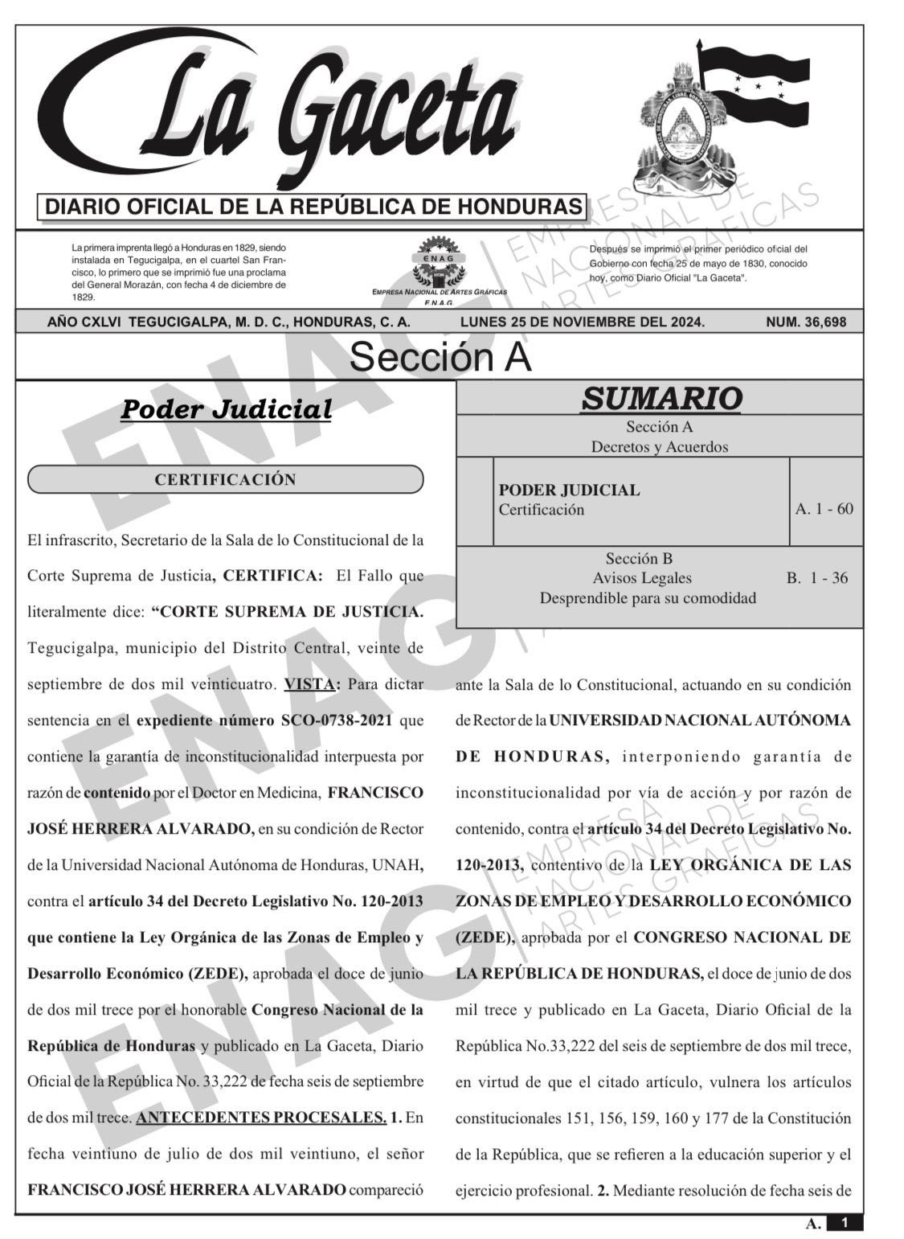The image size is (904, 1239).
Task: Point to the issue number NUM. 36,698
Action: pyautogui.click(x=806, y=322)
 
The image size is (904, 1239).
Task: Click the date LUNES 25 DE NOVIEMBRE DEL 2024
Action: pyautogui.click(x=582, y=322)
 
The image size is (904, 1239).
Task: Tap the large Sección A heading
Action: pyautogui.click(x=440, y=357)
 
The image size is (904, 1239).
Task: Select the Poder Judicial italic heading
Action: pyautogui.click(x=226, y=409)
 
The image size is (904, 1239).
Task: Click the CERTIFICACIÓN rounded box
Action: pyautogui.click(x=225, y=480)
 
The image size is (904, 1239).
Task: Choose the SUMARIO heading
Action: pyautogui.click(x=661, y=398)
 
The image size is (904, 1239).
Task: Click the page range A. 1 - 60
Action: pyautogui.click(x=824, y=509)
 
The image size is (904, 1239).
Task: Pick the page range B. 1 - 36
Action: pyautogui.click(x=816, y=578)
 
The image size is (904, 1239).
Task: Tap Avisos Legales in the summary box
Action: pyautogui.click(x=641, y=578)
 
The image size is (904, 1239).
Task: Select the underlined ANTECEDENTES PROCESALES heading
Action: pyautogui.click(x=262, y=1118)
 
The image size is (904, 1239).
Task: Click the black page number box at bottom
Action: pyautogui.click(x=844, y=1223)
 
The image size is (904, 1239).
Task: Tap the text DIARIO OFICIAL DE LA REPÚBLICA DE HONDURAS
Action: pyautogui.click(x=313, y=207)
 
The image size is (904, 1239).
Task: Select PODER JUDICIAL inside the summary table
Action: pyautogui.click(x=569, y=490)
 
